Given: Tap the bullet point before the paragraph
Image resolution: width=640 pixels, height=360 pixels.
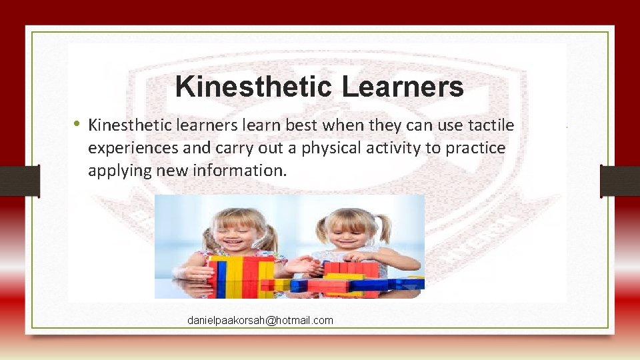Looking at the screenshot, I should tap(78, 123).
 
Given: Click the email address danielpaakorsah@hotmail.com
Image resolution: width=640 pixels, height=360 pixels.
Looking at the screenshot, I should tap(260, 321).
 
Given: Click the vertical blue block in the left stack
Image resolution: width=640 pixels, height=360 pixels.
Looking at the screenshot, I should tap(221, 277).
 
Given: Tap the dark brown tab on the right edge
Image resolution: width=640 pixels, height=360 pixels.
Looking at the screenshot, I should tap(619, 181).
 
